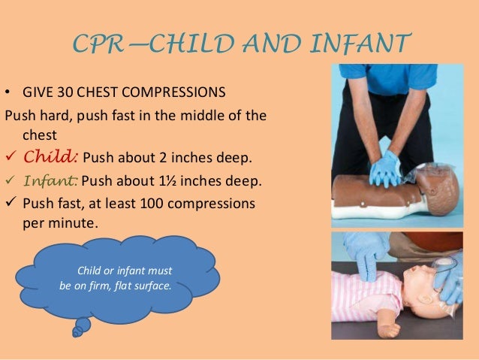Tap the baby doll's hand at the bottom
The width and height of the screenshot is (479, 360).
pyautogui.click(x=390, y=329)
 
